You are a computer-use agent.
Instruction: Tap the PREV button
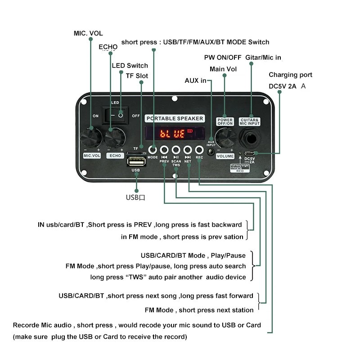pyautogui.click(x=164, y=150)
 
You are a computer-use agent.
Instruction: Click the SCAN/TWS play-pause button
pyautogui.click(x=176, y=150)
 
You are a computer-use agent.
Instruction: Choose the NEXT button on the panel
pyautogui.click(x=188, y=150)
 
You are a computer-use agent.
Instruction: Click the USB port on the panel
pyautogui.click(x=135, y=161)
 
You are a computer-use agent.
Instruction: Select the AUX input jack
pyautogui.click(x=211, y=151)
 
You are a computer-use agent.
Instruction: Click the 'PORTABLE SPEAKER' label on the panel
pyautogui.click(x=175, y=119)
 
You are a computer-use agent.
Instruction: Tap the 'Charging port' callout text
pyautogui.click(x=290, y=75)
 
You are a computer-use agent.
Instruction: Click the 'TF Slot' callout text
pyautogui.click(x=136, y=76)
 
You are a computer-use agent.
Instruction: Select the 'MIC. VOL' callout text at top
pyautogui.click(x=88, y=33)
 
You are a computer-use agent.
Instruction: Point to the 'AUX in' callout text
pyautogui.click(x=195, y=81)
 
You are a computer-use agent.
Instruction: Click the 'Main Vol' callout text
pyautogui.click(x=223, y=69)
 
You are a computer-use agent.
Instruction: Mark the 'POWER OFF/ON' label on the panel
pyautogui.click(x=225, y=121)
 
